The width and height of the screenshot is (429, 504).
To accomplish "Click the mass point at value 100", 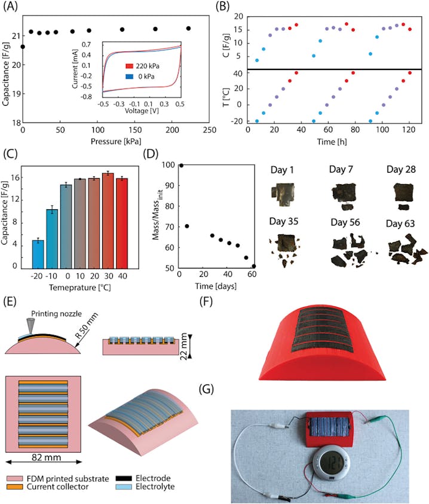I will tap(181, 165).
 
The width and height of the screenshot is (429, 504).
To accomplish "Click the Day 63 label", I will tap(402, 224).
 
